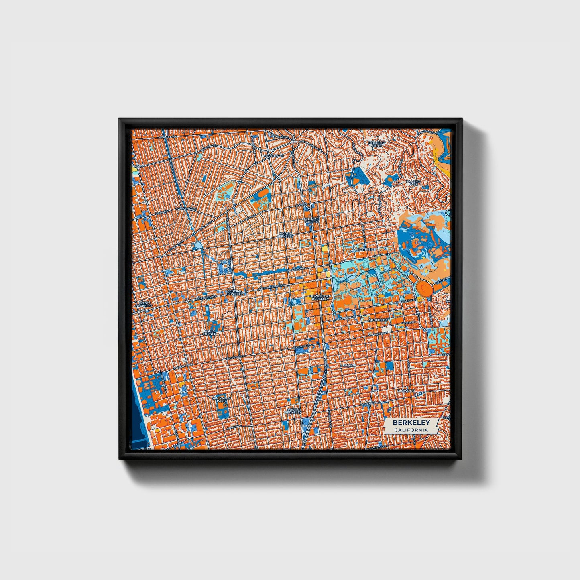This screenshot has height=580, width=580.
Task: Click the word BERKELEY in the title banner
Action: [x=411, y=423]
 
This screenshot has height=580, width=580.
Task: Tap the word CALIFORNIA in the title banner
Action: [x=411, y=430]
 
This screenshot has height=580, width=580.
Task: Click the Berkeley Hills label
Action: [x=376, y=144]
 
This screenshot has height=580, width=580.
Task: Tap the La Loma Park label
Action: [x=413, y=183]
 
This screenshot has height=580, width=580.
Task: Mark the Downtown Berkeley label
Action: [x=321, y=297]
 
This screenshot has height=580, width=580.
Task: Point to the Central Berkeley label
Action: [x=234, y=293]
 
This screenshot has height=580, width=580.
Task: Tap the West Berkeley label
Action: [x=143, y=304]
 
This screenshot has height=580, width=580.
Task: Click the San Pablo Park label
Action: [x=222, y=399]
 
